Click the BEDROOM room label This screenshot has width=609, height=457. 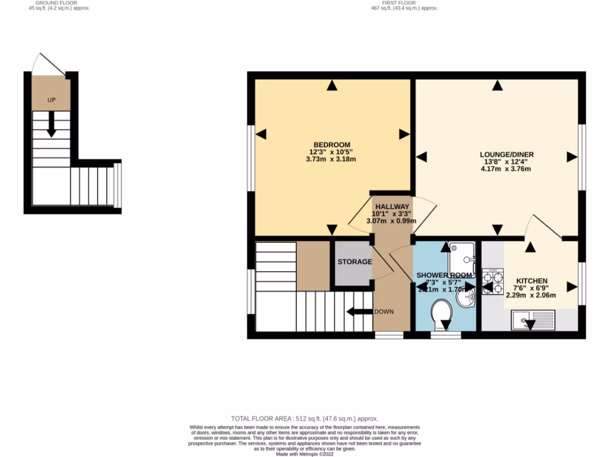(x=332, y=145)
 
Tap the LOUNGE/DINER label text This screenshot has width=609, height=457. (x=505, y=154)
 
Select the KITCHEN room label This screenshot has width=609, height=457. (x=531, y=281)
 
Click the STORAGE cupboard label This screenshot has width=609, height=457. (x=354, y=262)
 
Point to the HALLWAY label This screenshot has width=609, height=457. (x=393, y=206)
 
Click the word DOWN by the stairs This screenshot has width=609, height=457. (x=383, y=312)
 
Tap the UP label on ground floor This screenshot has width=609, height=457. (x=52, y=100)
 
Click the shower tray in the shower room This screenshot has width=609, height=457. (x=462, y=256)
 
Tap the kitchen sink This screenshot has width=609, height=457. (x=532, y=321)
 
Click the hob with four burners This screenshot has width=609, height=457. (x=493, y=283)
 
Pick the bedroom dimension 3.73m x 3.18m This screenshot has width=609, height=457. (x=332, y=159)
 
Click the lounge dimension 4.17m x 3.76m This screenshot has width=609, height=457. (x=505, y=169)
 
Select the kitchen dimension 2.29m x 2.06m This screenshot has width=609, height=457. (x=531, y=295)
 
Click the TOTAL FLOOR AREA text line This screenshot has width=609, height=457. (x=304, y=419)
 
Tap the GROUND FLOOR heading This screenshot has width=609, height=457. (x=52, y=3)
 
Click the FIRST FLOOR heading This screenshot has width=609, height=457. (x=404, y=3)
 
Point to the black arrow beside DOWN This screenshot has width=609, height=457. (x=359, y=311)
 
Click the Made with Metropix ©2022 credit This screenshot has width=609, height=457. (x=304, y=454)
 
